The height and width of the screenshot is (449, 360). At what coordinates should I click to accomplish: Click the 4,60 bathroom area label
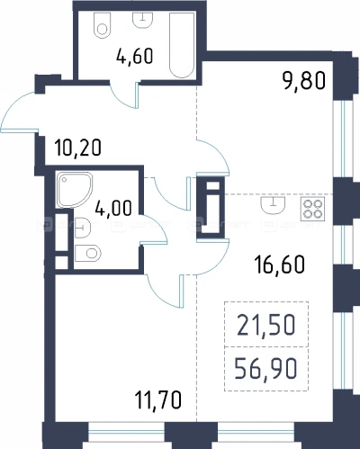pos(135,56)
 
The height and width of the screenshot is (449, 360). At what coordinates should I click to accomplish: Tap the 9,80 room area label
pos(304,81)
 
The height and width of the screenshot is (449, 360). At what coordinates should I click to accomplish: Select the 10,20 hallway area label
pos(78,148)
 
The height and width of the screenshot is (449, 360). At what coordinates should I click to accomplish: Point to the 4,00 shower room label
pos(113,208)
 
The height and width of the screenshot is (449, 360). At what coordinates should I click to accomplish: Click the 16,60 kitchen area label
pos(280,265)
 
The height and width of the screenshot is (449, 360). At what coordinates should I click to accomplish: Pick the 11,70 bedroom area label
pos(158,400)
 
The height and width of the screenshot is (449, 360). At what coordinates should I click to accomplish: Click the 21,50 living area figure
pos(266,325)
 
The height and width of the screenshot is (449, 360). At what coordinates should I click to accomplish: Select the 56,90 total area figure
pos(265,369)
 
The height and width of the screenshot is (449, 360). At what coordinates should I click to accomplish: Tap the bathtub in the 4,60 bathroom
pos(182,45)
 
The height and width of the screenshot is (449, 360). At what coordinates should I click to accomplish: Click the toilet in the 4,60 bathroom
pos(103,26)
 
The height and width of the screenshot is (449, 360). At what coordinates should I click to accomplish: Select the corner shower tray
pos(75,190)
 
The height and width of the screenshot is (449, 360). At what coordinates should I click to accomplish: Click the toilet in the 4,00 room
pos(87,254)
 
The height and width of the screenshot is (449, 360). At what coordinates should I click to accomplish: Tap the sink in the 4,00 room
pos(83,229)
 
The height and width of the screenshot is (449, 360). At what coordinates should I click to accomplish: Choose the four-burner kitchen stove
pos(312,209)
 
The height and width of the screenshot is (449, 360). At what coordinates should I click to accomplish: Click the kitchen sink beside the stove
pos(273,205)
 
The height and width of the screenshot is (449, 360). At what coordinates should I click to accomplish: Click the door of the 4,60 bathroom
pos(124,96)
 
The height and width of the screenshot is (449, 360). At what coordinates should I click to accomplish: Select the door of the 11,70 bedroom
pos(165,292)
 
